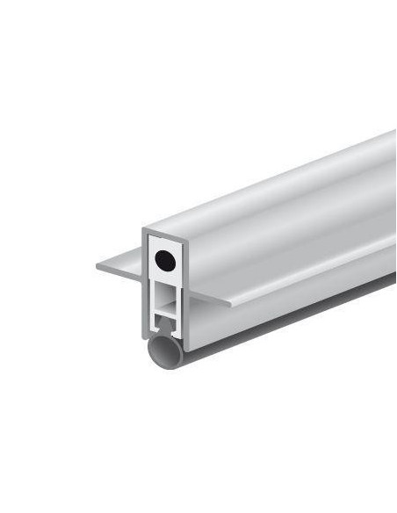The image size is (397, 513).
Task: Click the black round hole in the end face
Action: tap(162, 260)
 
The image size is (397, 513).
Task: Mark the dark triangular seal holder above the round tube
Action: tap(163, 333)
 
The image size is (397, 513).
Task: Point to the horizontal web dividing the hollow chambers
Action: tap(164, 307)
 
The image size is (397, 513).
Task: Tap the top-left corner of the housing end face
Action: tap(145, 230)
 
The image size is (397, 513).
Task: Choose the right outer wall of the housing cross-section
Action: tap(182, 290)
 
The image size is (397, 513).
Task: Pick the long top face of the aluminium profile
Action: tap(281, 184)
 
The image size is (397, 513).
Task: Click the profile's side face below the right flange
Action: tap(290, 303)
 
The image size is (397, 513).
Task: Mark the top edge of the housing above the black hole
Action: tap(163, 231)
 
